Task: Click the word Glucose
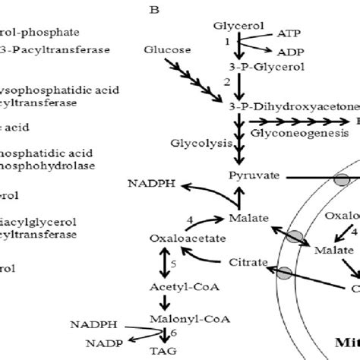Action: [165, 49]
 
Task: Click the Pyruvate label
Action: [250, 175]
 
